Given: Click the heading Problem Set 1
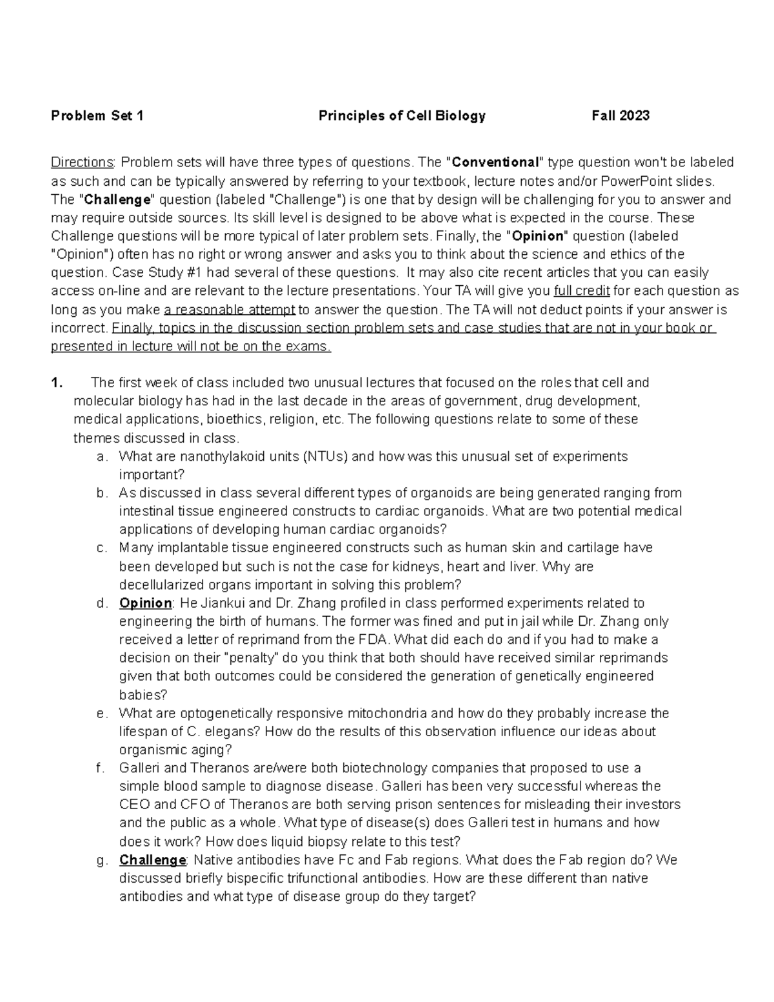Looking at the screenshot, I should tap(97, 116).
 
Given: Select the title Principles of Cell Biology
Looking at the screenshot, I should tap(402, 116).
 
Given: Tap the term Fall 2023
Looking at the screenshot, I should tap(620, 116).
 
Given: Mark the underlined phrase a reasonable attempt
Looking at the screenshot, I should tap(230, 310).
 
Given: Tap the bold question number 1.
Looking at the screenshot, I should tap(57, 383).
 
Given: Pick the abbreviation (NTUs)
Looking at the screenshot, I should tap(325, 457).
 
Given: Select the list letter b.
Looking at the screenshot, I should tap(101, 494).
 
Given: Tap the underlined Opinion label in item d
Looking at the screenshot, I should tap(145, 604).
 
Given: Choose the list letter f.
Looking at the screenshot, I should tap(99, 768).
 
